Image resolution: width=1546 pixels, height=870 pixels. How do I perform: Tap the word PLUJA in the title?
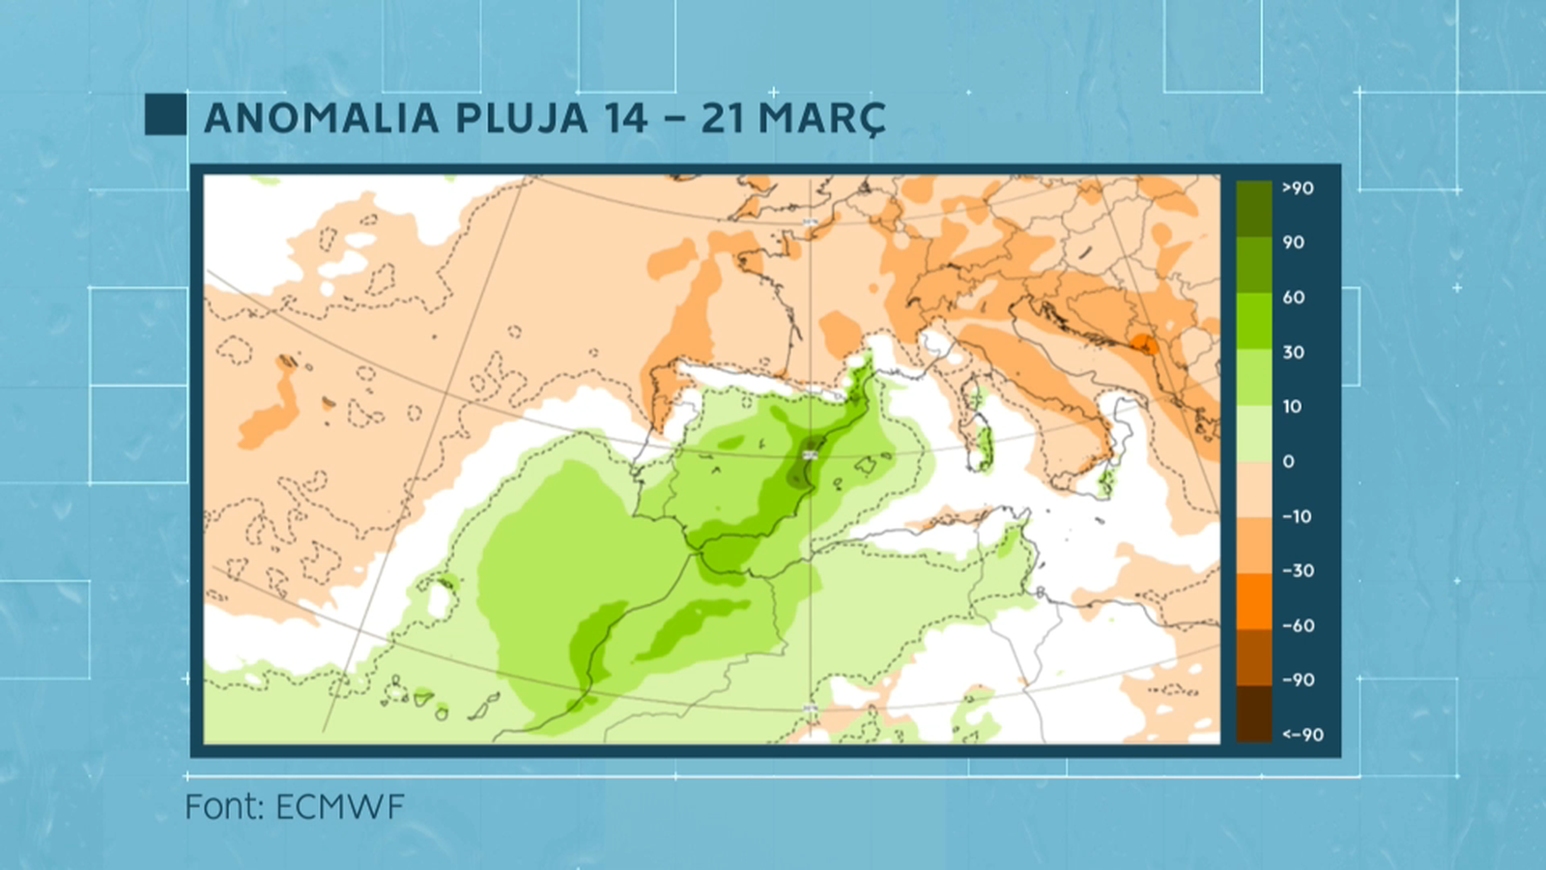pyautogui.click(x=521, y=119)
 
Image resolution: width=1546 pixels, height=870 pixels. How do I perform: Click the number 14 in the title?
pyautogui.click(x=626, y=119)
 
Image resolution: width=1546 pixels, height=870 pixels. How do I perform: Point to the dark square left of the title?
pyautogui.click(x=165, y=114)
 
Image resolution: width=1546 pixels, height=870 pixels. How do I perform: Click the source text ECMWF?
pyautogui.click(x=340, y=807)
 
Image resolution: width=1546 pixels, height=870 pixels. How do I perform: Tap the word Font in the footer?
pyautogui.click(x=224, y=807)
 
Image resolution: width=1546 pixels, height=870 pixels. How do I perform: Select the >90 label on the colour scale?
pyautogui.click(x=1298, y=188)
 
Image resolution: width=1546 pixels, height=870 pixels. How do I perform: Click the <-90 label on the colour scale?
pyautogui.click(x=1303, y=735)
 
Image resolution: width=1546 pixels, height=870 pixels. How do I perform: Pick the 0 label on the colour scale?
pyautogui.click(x=1288, y=462)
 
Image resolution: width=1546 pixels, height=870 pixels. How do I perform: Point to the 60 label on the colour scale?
pyautogui.click(x=1294, y=298)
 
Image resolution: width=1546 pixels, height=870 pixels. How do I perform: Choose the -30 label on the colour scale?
pyautogui.click(x=1298, y=571)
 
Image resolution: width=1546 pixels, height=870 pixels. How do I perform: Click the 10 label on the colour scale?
pyautogui.click(x=1293, y=407)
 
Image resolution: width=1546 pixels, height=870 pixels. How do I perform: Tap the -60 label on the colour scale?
pyautogui.click(x=1298, y=626)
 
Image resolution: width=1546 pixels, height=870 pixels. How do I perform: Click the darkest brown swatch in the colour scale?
pyautogui.click(x=1254, y=713)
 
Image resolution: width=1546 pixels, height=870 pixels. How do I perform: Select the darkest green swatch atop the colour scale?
pyautogui.click(x=1254, y=208)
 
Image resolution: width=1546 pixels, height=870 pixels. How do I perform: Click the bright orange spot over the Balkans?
pyautogui.click(x=1145, y=345)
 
